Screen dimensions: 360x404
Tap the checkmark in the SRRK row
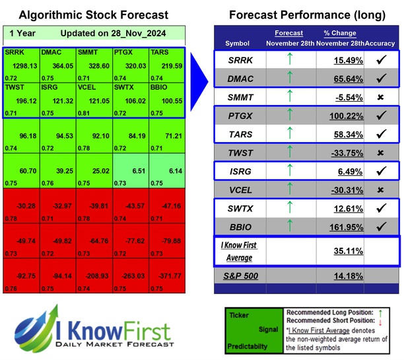pyautogui.click(x=380, y=59)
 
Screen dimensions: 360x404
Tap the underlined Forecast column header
pyautogui.click(x=289, y=33)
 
